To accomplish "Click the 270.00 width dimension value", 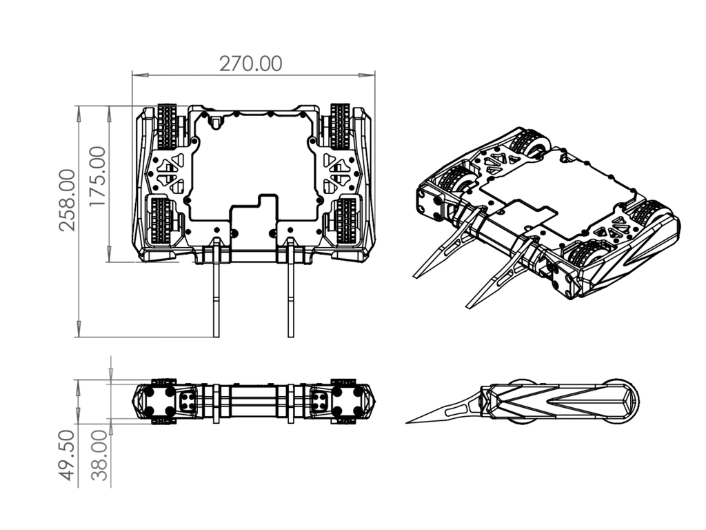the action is coord(251,63).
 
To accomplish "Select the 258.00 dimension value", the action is coord(68,200).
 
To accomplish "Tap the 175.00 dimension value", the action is coord(98,177).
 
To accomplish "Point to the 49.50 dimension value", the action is coord(67,455).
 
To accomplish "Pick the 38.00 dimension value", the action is coord(100,455).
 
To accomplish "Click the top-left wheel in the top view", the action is coord(168,127).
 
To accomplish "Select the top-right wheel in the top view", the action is coord(340,127).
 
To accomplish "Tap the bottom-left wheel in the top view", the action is coord(161,222).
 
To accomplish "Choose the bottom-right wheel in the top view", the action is coord(346,222).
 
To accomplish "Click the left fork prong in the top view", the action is coord(216,288).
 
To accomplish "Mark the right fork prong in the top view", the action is coord(291,288).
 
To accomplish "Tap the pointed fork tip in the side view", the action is coord(407,423).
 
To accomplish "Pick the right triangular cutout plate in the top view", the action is coord(338,172).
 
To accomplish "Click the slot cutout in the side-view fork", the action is coord(456,410).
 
